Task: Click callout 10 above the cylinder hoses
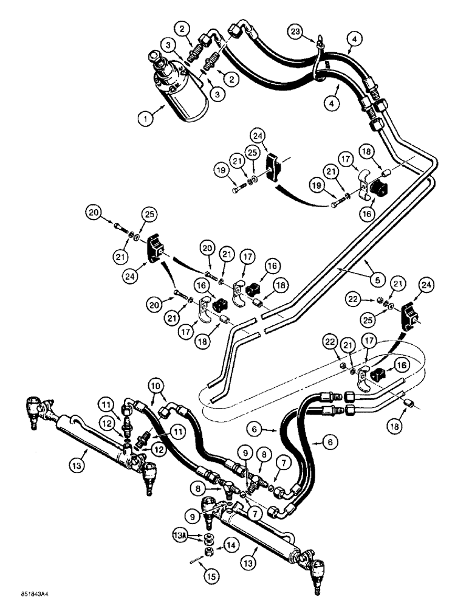click(156, 384)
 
